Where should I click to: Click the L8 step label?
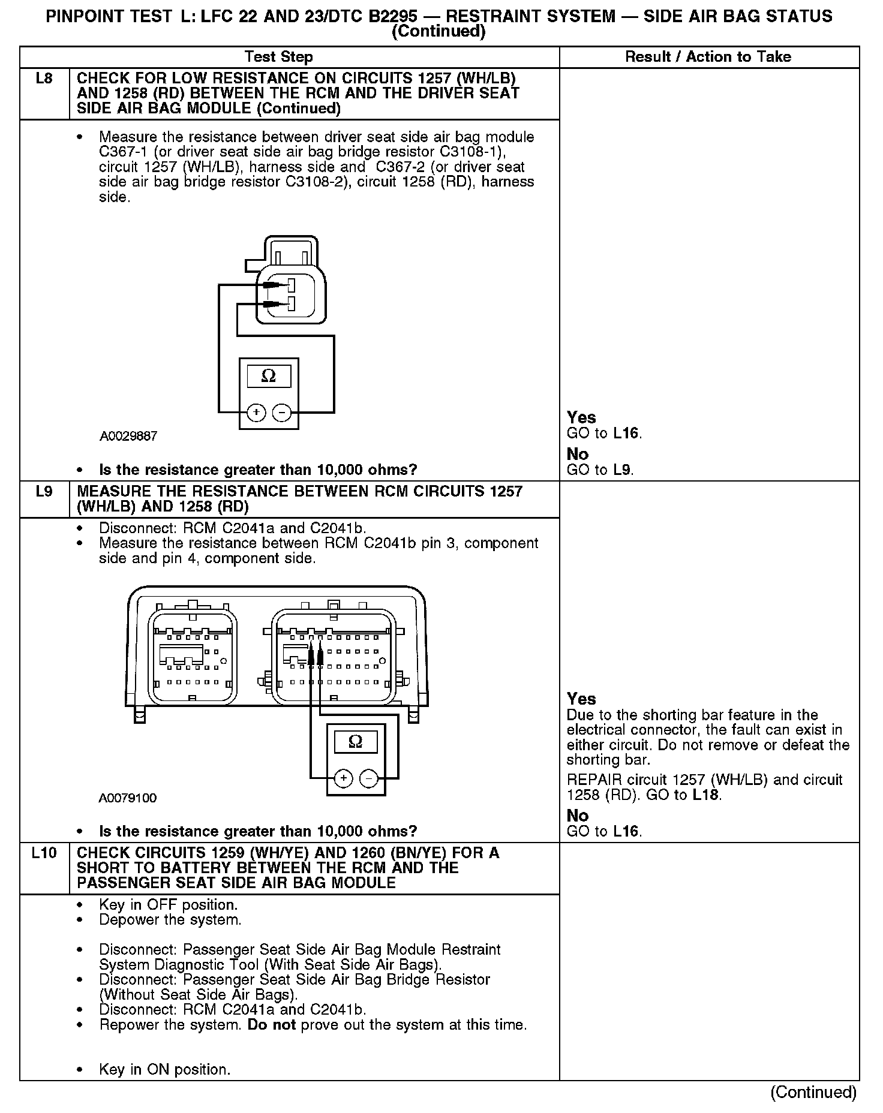[x=44, y=79]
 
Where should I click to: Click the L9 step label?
[x=44, y=492]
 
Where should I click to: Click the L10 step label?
[x=44, y=853]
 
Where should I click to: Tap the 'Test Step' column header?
[x=278, y=57]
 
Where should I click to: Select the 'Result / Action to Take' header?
[x=708, y=57]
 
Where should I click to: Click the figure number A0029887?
[x=128, y=436]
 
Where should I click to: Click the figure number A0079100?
[x=128, y=798]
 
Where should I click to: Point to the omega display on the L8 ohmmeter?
[x=269, y=376]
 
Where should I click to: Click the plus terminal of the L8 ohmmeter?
[x=256, y=413]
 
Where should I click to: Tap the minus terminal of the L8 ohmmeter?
[x=281, y=413]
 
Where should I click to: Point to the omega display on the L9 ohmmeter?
[x=355, y=742]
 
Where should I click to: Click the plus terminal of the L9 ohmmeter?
[x=343, y=778]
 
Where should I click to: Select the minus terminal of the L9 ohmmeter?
[x=368, y=778]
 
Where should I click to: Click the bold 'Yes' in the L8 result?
[x=581, y=417]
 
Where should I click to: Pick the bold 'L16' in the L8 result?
[x=626, y=433]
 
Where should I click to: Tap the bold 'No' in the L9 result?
[x=578, y=816]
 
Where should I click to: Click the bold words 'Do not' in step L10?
[x=272, y=1024]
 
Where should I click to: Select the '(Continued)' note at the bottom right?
[x=813, y=1092]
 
